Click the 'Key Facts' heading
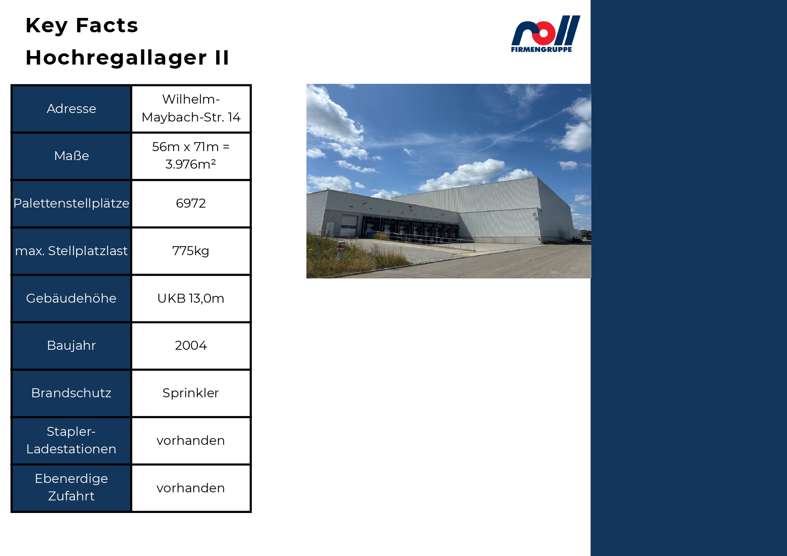(x=82, y=26)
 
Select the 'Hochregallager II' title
(x=127, y=58)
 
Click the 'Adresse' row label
(x=71, y=109)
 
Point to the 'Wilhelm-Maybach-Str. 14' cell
(x=191, y=108)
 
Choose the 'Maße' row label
(x=71, y=156)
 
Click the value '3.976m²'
(x=191, y=164)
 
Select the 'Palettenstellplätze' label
(x=71, y=203)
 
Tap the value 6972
(x=191, y=203)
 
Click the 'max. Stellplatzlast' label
(x=71, y=251)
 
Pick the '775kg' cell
(x=191, y=251)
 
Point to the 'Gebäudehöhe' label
(x=71, y=298)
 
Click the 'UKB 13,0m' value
(x=191, y=298)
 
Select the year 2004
(x=191, y=345)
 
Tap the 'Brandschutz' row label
(x=71, y=393)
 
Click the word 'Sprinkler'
(x=191, y=393)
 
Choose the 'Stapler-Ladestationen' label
(x=71, y=440)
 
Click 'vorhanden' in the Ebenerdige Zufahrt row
(x=191, y=488)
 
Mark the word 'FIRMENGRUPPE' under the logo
(x=542, y=49)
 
